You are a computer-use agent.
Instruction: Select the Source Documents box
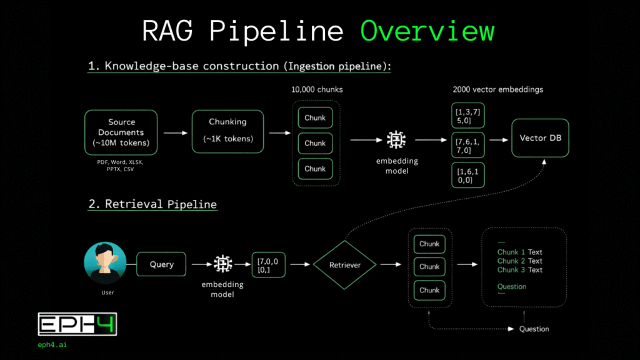pos(121,132)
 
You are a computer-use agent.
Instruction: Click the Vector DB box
pos(540,137)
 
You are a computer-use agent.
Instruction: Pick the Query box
pos(161,264)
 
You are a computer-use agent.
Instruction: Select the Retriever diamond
pos(345,265)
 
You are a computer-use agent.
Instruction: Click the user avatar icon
pos(105,263)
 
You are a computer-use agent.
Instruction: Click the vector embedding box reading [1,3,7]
pos(468,115)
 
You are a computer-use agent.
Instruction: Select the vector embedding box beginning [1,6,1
pos(468,175)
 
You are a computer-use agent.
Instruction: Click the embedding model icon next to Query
pos(222,264)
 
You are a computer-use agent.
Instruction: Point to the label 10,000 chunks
pos(316,89)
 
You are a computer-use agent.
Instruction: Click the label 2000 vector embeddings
pos(498,89)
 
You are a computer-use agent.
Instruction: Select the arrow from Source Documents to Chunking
pos(175,132)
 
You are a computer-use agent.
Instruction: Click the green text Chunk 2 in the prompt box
pos(511,261)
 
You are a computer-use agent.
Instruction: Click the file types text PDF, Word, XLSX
pos(121,161)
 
